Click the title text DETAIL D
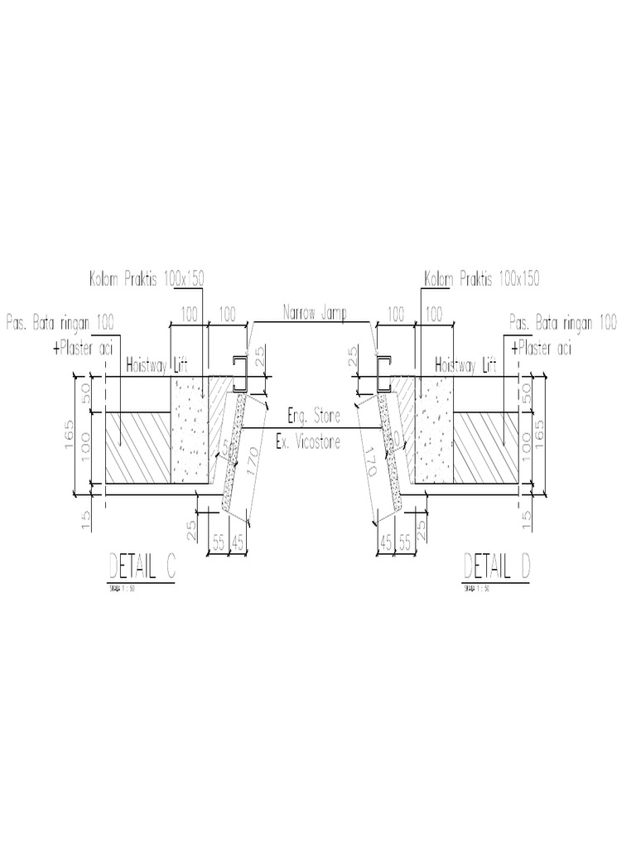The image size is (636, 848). tap(496, 566)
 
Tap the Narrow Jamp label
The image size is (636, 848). tap(316, 314)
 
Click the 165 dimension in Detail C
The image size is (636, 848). tap(69, 436)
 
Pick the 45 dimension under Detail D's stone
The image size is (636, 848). tap(384, 542)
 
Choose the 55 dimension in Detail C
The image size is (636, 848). tap(219, 542)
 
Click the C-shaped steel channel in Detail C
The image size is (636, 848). tap(241, 373)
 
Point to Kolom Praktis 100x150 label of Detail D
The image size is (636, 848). tap(481, 278)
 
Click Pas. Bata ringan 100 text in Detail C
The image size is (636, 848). tap(60, 320)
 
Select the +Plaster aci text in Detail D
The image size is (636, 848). tap(542, 349)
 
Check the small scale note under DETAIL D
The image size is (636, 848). tap(475, 590)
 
